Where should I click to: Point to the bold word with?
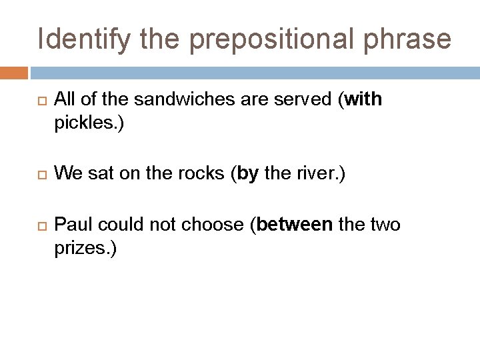pos(363,100)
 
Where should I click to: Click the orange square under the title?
pos(14,72)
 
